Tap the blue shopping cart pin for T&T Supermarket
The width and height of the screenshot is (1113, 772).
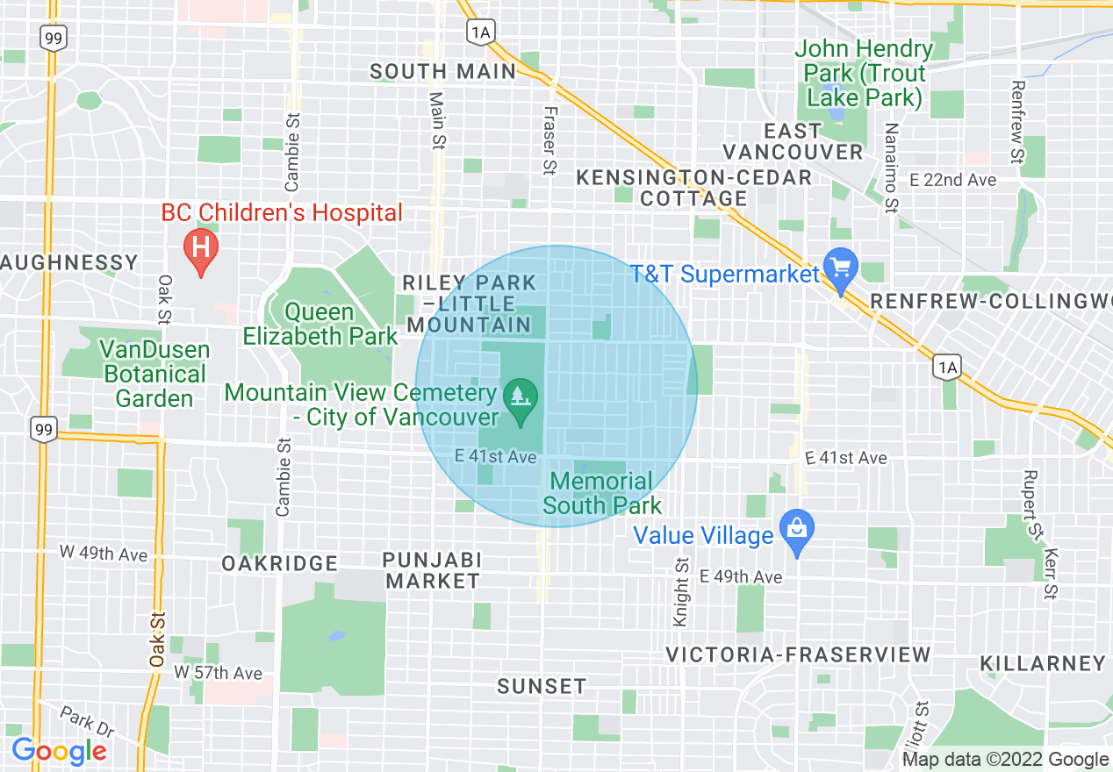pyautogui.click(x=841, y=268)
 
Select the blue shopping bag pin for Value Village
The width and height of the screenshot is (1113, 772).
pyautogui.click(x=796, y=530)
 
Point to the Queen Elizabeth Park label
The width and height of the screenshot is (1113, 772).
pyautogui.click(x=320, y=324)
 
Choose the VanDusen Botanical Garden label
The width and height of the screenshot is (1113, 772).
pyautogui.click(x=154, y=375)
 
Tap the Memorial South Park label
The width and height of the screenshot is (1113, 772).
pyautogui.click(x=602, y=493)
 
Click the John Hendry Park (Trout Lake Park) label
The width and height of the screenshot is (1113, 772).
pyautogui.click(x=865, y=73)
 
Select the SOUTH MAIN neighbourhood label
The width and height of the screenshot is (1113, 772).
pyautogui.click(x=443, y=72)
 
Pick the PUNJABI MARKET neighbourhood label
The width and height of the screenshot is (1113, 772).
pyautogui.click(x=434, y=570)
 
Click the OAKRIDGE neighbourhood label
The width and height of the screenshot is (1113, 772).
pyautogui.click(x=279, y=563)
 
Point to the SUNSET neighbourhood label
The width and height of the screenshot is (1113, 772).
pyautogui.click(x=542, y=686)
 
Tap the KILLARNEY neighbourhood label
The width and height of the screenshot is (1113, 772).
pyautogui.click(x=1042, y=663)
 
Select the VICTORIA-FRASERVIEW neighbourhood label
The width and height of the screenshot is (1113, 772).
pyautogui.click(x=798, y=654)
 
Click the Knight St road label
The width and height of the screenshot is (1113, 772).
pyautogui.click(x=681, y=592)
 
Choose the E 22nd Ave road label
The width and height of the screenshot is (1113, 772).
pyautogui.click(x=953, y=180)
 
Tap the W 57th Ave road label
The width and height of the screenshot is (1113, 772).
pyautogui.click(x=218, y=673)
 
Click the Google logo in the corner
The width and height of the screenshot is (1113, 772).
pyautogui.click(x=59, y=751)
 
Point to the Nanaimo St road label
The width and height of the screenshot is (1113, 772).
pyautogui.click(x=892, y=168)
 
